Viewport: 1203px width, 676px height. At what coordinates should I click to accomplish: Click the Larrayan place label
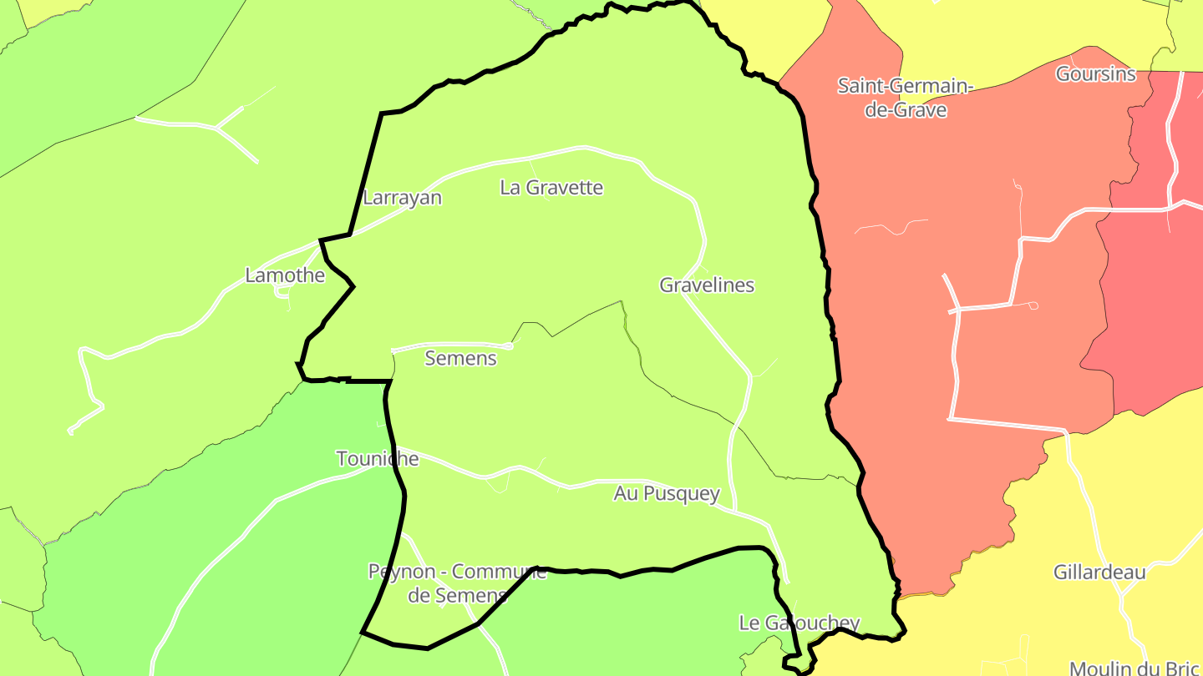pyautogui.click(x=402, y=199)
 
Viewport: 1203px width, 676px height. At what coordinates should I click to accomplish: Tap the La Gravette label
pyautogui.click(x=551, y=188)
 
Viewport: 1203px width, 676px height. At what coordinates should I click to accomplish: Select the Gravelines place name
pyautogui.click(x=707, y=285)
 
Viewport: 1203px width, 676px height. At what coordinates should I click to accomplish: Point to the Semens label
pyautogui.click(x=460, y=359)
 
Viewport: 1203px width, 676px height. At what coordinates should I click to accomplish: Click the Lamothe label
pyautogui.click(x=285, y=275)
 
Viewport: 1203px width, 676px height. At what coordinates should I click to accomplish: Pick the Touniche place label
pyautogui.click(x=378, y=459)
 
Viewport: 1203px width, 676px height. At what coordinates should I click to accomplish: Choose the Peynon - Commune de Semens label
pyautogui.click(x=458, y=583)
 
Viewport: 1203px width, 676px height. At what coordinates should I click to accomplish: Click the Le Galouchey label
pyautogui.click(x=799, y=623)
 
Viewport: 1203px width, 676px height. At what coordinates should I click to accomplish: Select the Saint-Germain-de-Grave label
pyautogui.click(x=906, y=97)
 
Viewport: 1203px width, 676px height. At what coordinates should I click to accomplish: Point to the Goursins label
pyautogui.click(x=1096, y=74)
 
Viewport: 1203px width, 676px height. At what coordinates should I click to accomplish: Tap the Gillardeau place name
pyautogui.click(x=1099, y=573)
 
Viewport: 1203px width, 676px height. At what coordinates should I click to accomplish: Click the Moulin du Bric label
pyautogui.click(x=1134, y=668)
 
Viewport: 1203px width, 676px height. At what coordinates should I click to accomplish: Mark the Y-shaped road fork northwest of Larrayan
pyautogui.click(x=217, y=129)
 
